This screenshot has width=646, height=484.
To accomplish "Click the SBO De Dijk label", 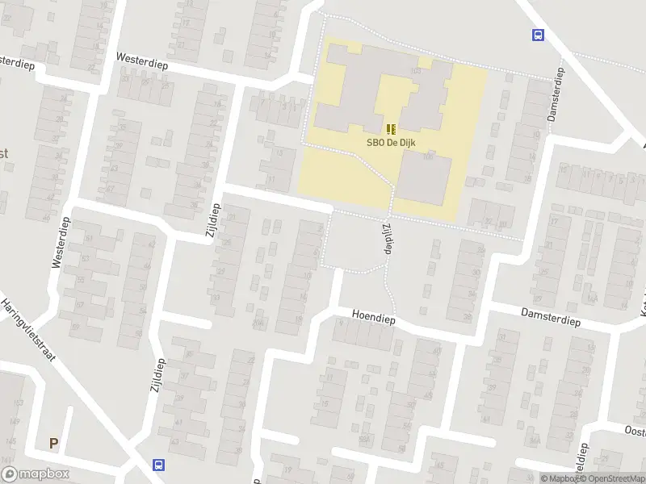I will (391, 144).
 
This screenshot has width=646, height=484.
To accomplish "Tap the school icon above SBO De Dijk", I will (391, 129).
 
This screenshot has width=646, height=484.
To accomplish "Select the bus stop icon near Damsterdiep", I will (537, 35).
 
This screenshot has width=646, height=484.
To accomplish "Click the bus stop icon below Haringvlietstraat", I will (158, 465).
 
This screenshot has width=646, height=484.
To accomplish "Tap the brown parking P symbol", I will (54, 443).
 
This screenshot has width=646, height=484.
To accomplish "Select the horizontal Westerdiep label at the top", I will (141, 61).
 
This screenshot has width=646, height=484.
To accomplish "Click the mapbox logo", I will (36, 474).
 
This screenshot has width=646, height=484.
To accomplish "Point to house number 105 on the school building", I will (416, 73).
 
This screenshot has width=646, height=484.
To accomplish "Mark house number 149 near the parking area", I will (14, 420).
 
